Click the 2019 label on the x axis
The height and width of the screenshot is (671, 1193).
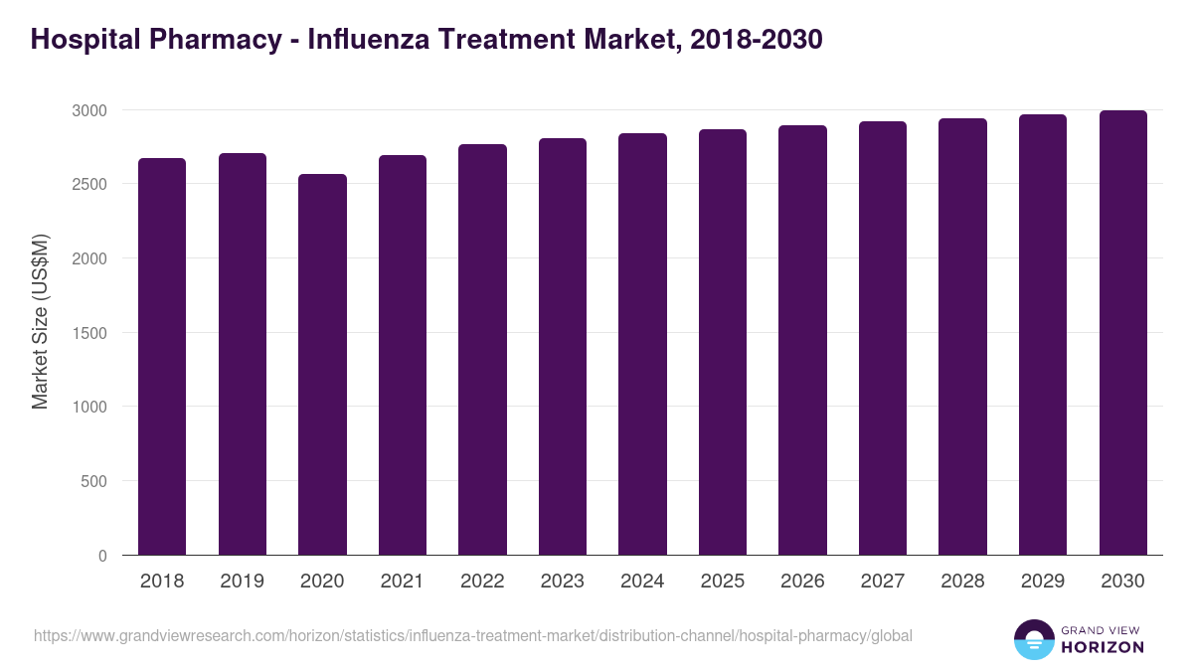pyautogui.click(x=243, y=582)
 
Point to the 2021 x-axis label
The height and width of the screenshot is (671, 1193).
pyautogui.click(x=403, y=582)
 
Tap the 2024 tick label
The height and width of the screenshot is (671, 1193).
pyautogui.click(x=642, y=582)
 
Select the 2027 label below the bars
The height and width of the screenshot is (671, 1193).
pyautogui.click(x=883, y=582)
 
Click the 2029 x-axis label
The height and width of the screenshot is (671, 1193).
pyautogui.click(x=1043, y=582)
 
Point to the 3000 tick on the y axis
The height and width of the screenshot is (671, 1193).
pyautogui.click(x=88, y=110)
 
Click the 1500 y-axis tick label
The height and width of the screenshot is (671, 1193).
pyautogui.click(x=88, y=333)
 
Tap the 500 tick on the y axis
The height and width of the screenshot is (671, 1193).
pyautogui.click(x=93, y=481)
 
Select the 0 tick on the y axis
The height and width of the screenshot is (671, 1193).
pyautogui.click(x=102, y=556)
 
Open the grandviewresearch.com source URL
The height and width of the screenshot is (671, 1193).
pyautogui.click(x=472, y=635)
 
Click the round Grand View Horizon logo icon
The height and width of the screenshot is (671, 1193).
pyautogui.click(x=1033, y=639)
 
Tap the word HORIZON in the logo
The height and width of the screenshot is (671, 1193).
pyautogui.click(x=1103, y=647)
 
